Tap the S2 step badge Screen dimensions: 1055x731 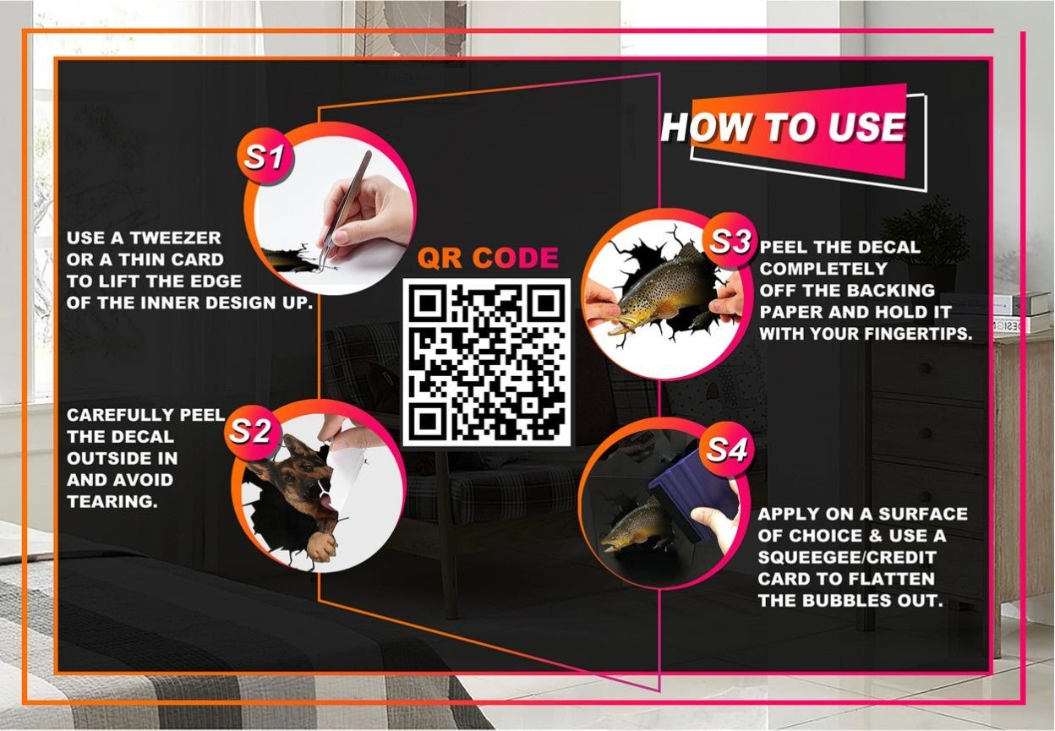(x=250, y=431)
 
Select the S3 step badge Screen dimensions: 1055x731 (x=730, y=242)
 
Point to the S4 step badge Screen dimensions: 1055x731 (x=726, y=449)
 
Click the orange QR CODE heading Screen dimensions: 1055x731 (x=488, y=258)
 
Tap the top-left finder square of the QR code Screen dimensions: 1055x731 (x=426, y=303)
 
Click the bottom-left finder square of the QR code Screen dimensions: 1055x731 (x=426, y=423)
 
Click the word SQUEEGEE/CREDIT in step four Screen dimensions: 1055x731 (x=847, y=557)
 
